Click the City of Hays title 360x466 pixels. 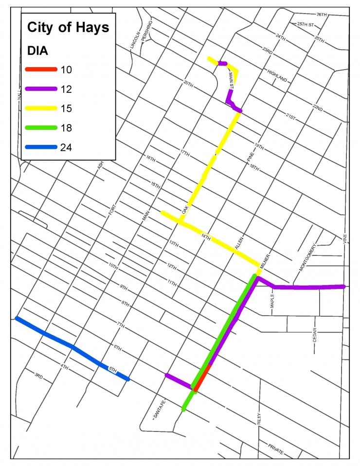click(68, 28)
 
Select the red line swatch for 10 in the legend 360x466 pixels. click(40, 69)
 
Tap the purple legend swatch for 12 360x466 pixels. click(40, 89)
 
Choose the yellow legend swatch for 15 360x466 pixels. click(40, 108)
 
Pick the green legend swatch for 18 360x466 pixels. click(40, 128)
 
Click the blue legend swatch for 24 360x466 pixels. click(40, 147)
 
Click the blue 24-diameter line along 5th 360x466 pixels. click(73, 347)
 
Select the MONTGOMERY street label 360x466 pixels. click(308, 258)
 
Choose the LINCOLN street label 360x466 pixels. click(135, 40)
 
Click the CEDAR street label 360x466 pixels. click(315, 335)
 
